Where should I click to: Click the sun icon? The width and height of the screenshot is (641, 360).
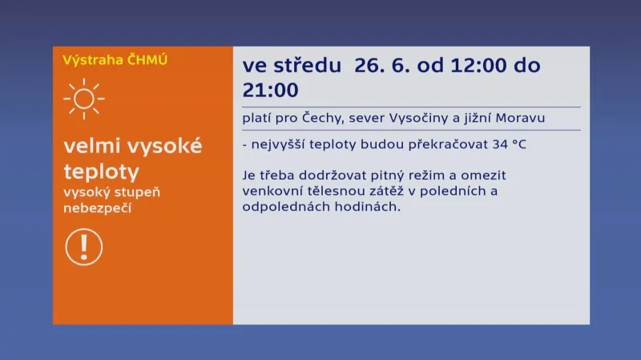click(x=83, y=99)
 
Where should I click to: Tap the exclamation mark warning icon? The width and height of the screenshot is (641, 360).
click(x=83, y=246)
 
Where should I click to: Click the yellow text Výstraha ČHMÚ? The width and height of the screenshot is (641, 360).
click(x=115, y=59)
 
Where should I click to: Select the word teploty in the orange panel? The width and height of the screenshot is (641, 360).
click(x=101, y=172)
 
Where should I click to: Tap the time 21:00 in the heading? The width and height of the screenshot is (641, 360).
click(x=270, y=91)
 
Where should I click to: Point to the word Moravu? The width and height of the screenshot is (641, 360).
click(x=520, y=119)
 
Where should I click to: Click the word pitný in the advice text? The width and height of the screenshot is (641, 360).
click(x=391, y=175)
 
